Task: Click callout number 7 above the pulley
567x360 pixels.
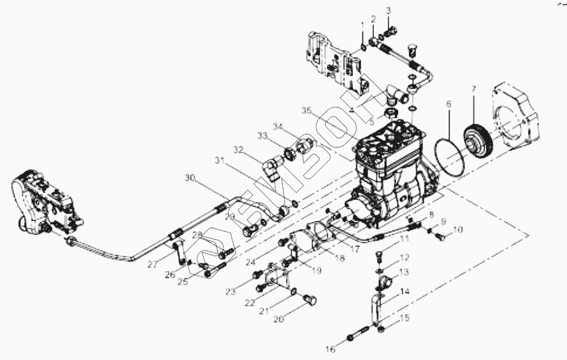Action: pos(474,88)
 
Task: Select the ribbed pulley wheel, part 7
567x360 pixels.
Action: pos(477,141)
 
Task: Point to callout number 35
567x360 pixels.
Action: pos(307,111)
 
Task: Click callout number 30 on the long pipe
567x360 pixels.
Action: pos(190,178)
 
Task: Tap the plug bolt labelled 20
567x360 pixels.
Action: pos(310,300)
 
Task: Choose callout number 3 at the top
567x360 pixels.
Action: pos(389,10)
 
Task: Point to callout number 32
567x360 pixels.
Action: pos(237,150)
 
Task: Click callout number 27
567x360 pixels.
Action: pos(152,265)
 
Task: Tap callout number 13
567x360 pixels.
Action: pos(404,272)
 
